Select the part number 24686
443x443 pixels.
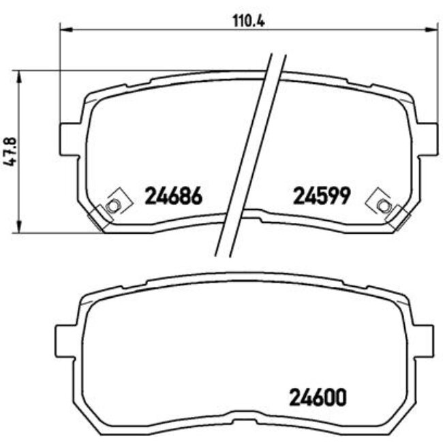[x=174, y=196]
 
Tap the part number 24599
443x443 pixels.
[x=321, y=196]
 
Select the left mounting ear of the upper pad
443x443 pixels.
[x=70, y=137]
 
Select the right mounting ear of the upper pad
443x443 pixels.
[x=427, y=137]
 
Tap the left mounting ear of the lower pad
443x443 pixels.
[x=65, y=338]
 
